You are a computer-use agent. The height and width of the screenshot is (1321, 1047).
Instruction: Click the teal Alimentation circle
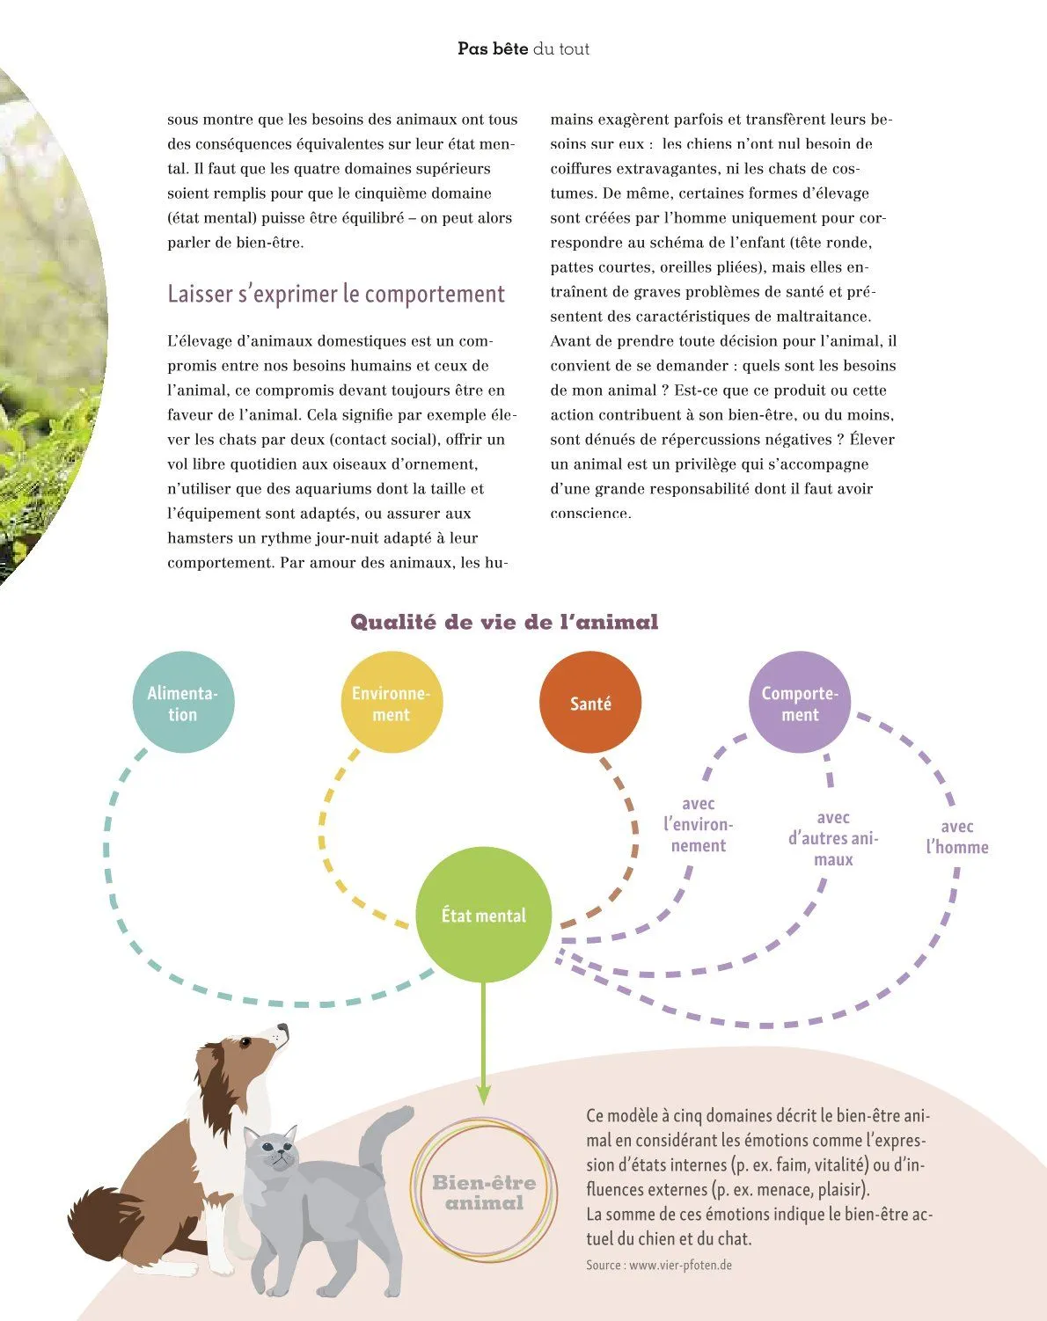[183, 703]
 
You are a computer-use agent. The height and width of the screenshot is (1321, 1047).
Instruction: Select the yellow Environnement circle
[392, 703]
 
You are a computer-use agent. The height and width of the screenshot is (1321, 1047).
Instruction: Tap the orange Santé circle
[590, 703]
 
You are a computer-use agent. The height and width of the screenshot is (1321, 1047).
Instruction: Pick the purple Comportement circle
[800, 703]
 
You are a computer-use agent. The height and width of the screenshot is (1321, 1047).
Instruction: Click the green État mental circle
[483, 916]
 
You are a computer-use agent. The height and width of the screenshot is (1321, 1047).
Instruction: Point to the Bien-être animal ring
[483, 1192]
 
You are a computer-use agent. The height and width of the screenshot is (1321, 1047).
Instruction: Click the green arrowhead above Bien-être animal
[483, 1093]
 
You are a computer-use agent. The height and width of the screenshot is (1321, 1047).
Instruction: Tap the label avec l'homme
[957, 837]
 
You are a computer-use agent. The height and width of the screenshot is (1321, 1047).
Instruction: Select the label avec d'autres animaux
[833, 839]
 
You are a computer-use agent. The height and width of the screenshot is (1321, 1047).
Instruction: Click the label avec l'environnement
[699, 825]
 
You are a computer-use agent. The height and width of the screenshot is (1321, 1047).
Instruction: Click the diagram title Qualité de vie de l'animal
[504, 623]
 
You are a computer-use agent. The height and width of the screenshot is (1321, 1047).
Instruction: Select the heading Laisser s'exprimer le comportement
[336, 294]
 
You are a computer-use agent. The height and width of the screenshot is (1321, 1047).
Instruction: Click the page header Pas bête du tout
[523, 49]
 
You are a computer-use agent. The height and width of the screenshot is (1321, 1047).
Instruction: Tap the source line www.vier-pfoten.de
[659, 1265]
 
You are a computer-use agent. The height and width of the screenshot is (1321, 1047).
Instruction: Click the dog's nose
[283, 1027]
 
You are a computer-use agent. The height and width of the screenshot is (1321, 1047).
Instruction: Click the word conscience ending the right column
[590, 514]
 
